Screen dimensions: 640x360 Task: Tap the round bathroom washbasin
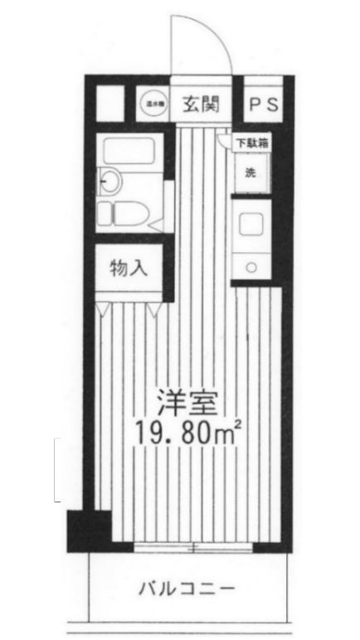(x=109, y=180)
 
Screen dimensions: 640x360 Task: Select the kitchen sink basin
(x=251, y=225)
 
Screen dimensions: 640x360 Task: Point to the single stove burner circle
(x=251, y=266)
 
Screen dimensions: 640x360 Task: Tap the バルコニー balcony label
(x=186, y=590)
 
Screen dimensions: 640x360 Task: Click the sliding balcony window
(x=193, y=546)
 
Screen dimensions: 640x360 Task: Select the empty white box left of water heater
(x=110, y=104)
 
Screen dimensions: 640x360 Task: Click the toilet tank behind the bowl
(x=105, y=214)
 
